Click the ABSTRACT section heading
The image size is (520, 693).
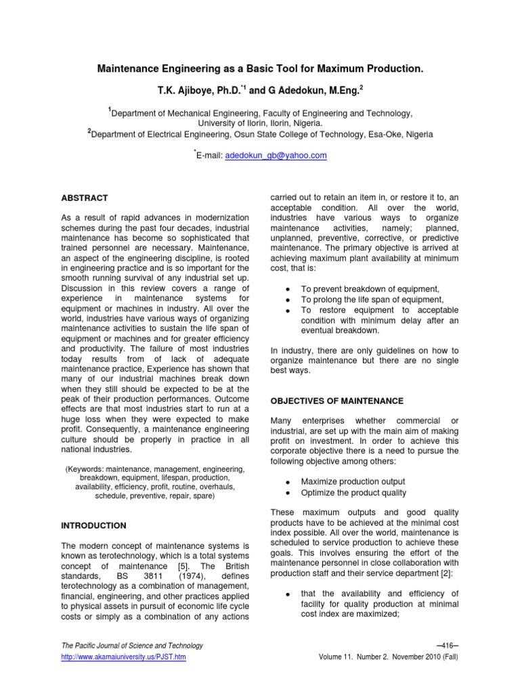[85, 198]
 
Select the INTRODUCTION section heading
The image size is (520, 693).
[93, 525]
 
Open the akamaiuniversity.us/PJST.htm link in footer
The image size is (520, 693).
[123, 657]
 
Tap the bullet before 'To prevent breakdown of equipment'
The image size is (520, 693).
[288, 290]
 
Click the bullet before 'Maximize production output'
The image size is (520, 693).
[288, 481]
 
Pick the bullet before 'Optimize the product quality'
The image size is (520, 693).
[288, 493]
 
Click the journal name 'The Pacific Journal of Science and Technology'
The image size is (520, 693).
[132, 646]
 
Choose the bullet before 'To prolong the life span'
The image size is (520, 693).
[288, 300]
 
